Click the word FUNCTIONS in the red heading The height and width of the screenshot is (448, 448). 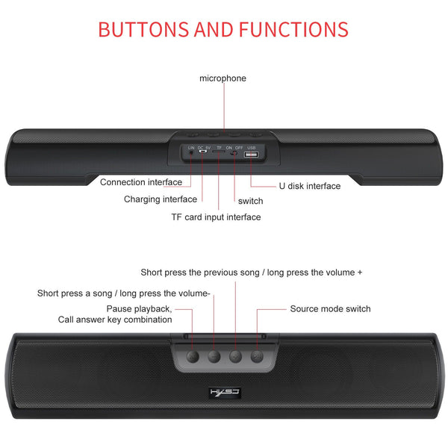[293, 30]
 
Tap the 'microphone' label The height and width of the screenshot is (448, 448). [223, 78]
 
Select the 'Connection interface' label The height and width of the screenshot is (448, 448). [141, 182]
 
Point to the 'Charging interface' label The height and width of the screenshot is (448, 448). [161, 199]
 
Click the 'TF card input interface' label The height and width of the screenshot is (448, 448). [217, 217]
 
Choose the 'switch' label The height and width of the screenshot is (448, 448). [250, 201]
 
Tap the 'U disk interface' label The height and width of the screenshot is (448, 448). [310, 186]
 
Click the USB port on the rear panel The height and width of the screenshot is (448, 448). [251, 155]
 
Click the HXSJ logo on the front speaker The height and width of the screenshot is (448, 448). [223, 391]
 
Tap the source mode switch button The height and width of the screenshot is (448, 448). [258, 356]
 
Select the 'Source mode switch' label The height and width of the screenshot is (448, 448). [330, 309]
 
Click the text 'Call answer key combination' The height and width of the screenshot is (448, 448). [115, 320]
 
